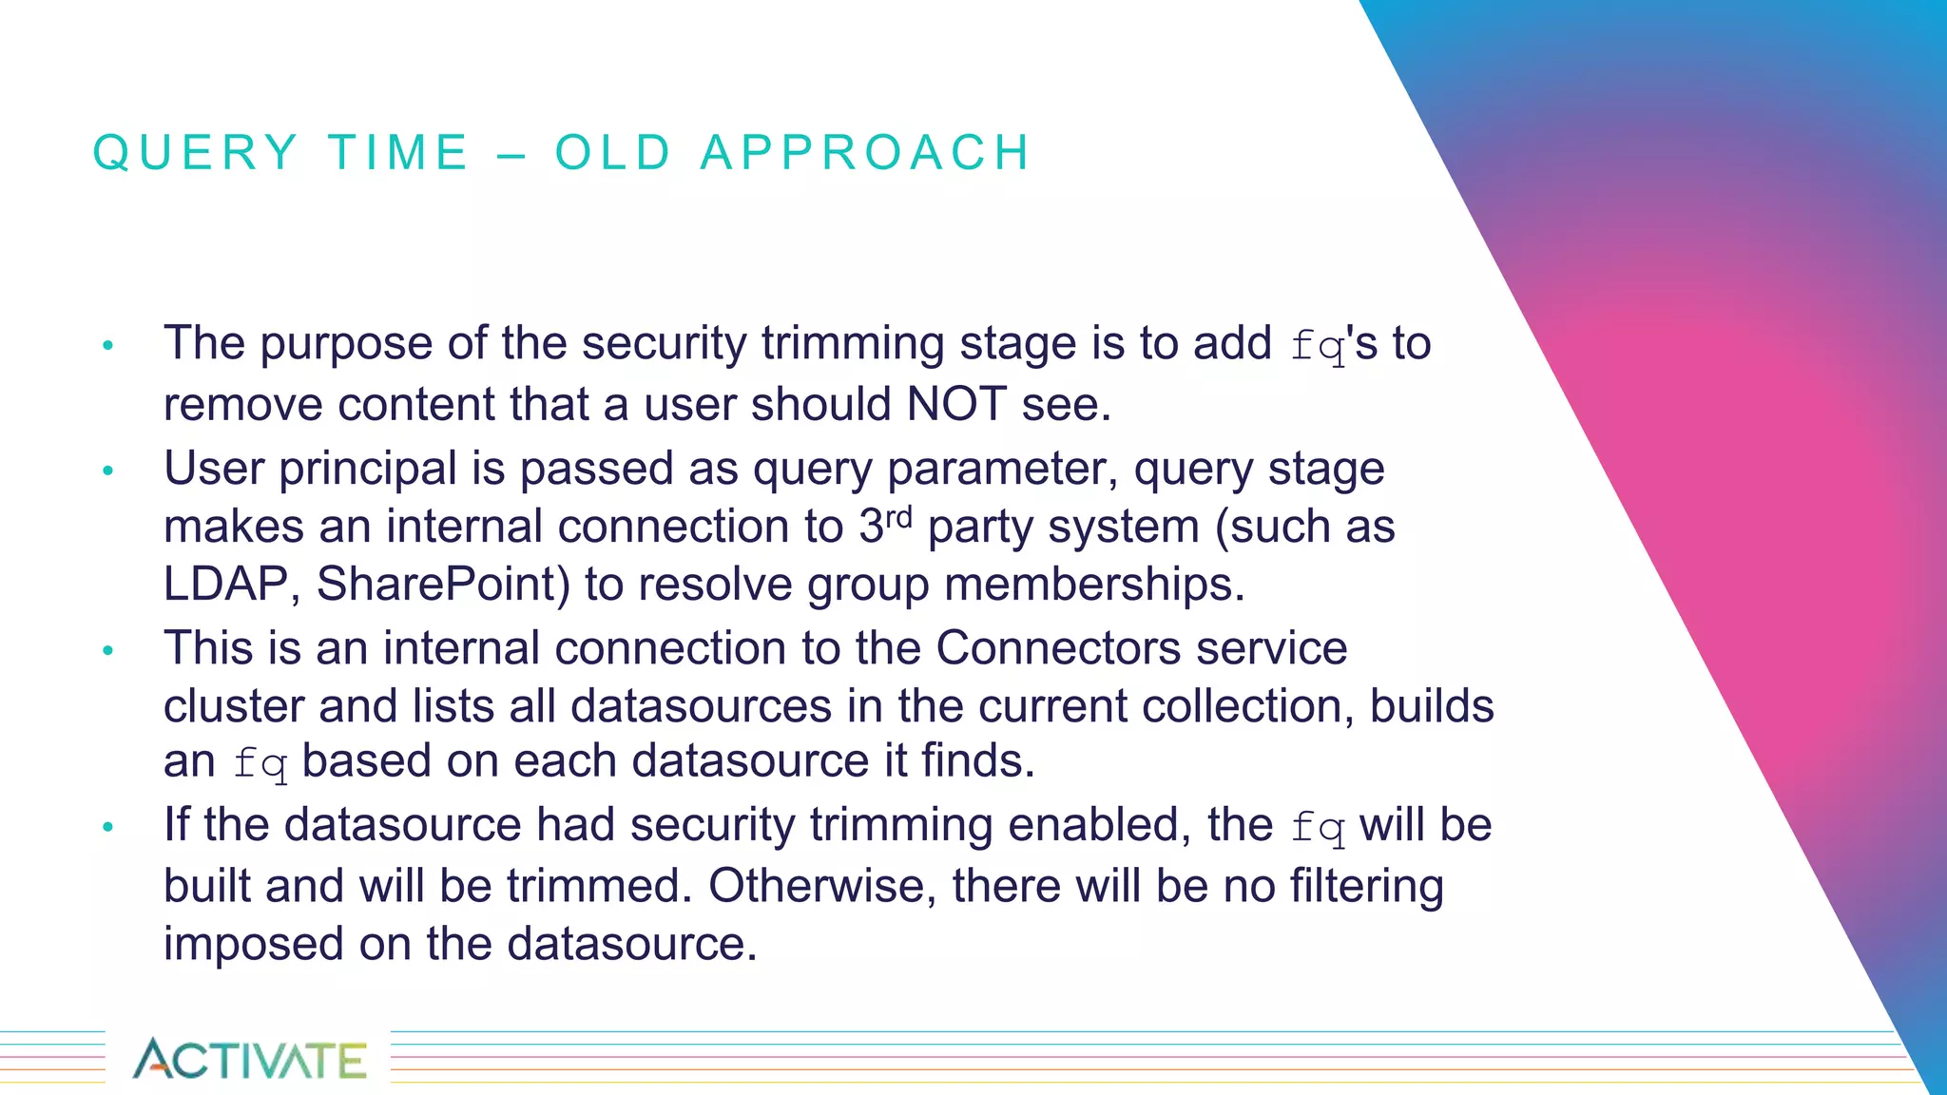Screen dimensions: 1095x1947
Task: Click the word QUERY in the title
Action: (196, 153)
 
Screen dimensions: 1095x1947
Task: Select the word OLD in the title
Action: (614, 153)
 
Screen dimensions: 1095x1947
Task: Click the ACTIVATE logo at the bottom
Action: (249, 1059)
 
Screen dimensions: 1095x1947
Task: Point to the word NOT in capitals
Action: (955, 404)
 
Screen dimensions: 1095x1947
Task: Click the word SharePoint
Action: (443, 584)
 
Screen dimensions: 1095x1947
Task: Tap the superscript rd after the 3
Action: (898, 517)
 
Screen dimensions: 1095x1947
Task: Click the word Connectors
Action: (1058, 648)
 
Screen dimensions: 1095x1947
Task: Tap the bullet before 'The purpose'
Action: (108, 345)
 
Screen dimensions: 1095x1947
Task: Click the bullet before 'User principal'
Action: (108, 471)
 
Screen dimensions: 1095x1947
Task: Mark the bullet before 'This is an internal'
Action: (108, 650)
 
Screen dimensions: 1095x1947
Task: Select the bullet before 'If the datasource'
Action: (108, 827)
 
